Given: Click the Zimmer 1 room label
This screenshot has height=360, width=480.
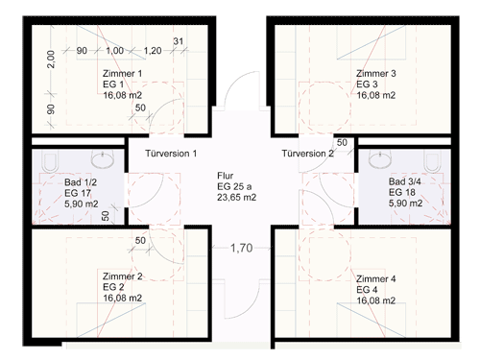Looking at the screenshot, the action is (x=122, y=74).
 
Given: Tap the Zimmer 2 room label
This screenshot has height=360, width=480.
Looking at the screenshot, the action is (x=122, y=276).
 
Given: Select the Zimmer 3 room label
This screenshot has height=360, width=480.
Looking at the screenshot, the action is (x=376, y=74).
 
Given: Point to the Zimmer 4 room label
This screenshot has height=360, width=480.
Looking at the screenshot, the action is (x=376, y=279).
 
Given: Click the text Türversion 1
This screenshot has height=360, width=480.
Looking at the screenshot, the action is (x=171, y=154).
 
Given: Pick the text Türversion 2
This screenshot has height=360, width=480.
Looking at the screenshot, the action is (x=307, y=154).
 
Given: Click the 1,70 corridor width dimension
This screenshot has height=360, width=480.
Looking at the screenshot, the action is (x=242, y=248).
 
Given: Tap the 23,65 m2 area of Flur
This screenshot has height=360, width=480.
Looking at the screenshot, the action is (x=237, y=198).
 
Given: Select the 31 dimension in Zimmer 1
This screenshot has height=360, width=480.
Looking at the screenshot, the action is (x=179, y=41).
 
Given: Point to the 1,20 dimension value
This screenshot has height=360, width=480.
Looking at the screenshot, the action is (x=153, y=51).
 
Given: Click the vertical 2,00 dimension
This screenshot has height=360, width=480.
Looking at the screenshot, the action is (x=51, y=60).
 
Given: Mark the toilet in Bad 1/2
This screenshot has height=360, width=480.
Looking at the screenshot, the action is (x=50, y=161).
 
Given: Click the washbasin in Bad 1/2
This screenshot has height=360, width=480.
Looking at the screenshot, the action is (x=103, y=158).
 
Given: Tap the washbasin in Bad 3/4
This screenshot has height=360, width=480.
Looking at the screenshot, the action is (x=380, y=158).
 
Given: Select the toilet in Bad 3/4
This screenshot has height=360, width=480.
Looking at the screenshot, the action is (x=432, y=161).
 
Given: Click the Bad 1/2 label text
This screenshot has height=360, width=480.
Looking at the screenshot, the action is (x=81, y=182).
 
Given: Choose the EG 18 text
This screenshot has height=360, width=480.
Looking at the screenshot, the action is (x=402, y=192).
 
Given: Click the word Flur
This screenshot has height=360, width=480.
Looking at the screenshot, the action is (x=226, y=176).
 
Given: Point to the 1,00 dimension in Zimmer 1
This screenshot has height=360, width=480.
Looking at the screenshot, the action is (x=114, y=51).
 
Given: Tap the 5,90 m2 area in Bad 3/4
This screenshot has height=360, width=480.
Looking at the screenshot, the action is (x=405, y=204).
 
